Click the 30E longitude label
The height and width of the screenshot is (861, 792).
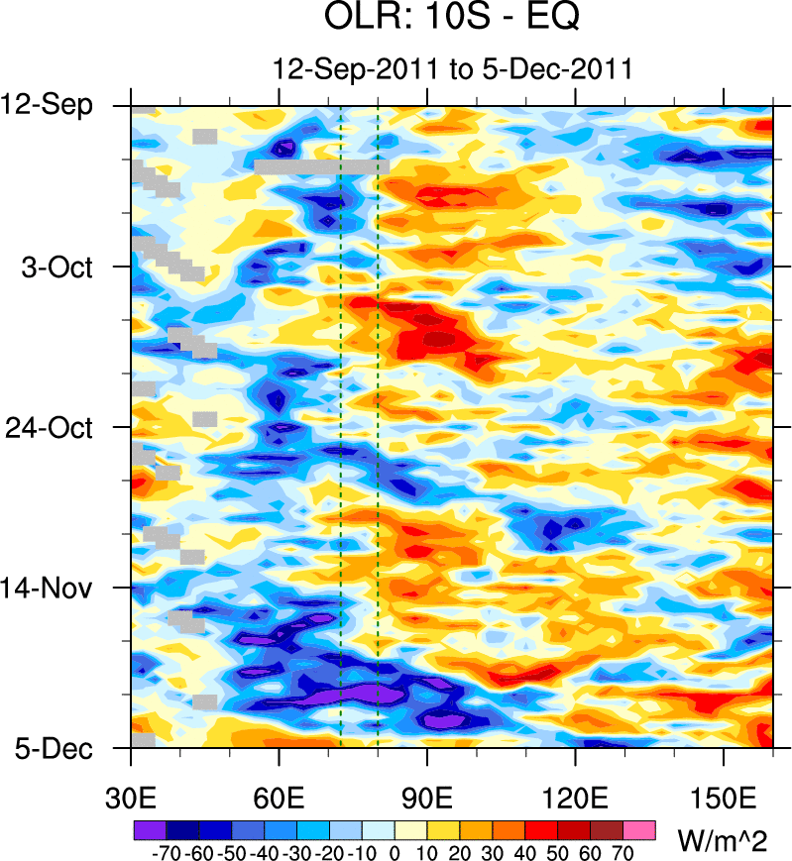(131, 796)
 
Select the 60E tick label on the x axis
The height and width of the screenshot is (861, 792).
(280, 796)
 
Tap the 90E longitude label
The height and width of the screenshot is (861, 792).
(427, 796)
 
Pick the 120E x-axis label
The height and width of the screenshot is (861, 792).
(576, 796)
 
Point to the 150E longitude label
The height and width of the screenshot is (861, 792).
(724, 796)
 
